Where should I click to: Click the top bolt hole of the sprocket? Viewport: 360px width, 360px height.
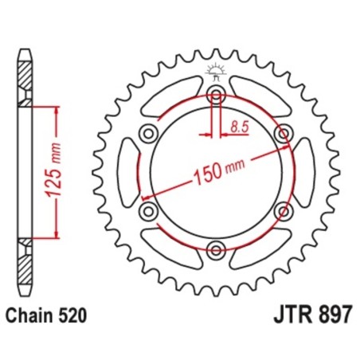coord(215,96)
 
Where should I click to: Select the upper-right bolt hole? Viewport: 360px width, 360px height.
coord(281,134)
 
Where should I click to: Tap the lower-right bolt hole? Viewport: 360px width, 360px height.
coord(281,211)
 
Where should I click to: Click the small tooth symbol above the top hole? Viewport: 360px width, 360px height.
coord(215,71)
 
